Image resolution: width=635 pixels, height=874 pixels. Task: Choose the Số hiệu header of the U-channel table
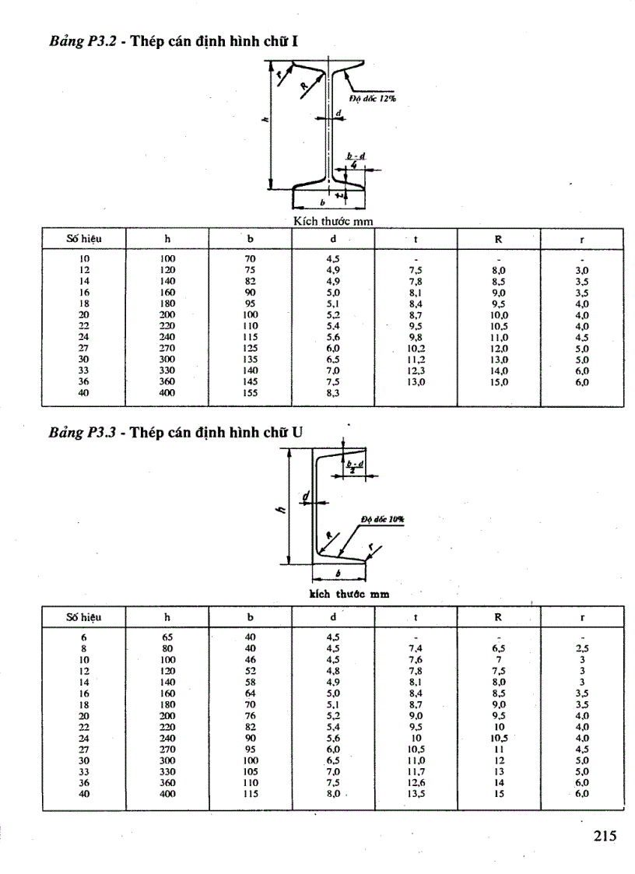(84, 617)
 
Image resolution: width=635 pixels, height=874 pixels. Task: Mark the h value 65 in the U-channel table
(167, 637)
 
